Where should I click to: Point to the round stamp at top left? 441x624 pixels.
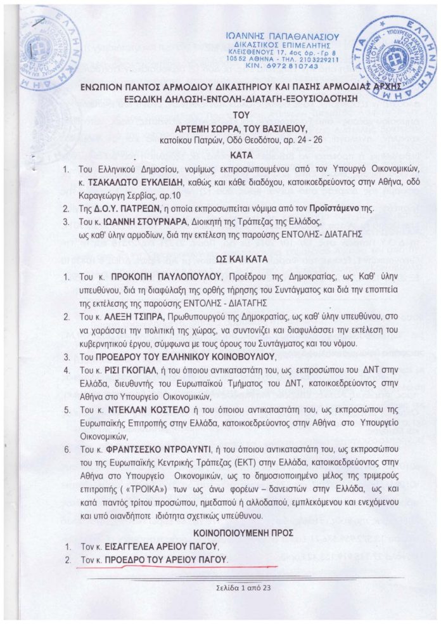(x=48, y=48)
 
